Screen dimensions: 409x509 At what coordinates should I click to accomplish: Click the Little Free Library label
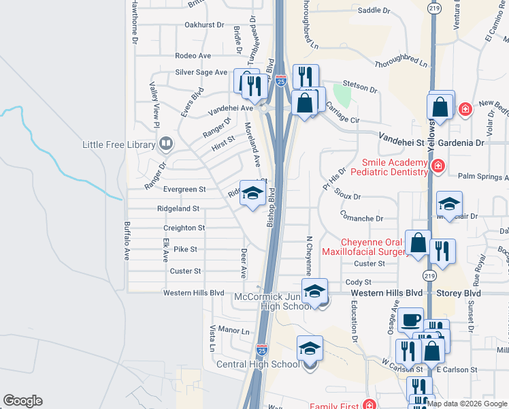pos(119,145)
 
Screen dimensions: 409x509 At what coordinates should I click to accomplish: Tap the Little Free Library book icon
pos(165,144)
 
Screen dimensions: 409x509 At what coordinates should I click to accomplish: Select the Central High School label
pos(258,364)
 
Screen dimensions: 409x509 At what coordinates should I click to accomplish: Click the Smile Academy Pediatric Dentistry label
pos(389,168)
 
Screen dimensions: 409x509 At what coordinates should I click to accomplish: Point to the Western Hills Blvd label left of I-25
pos(193,293)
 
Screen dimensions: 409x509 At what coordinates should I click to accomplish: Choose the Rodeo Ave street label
pos(193,56)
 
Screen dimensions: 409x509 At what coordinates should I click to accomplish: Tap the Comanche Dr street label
pos(362,219)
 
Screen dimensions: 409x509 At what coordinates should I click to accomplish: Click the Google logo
pos(22,401)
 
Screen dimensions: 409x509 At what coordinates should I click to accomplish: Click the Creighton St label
pos(184,228)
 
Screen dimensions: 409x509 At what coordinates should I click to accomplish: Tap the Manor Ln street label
pos(235,331)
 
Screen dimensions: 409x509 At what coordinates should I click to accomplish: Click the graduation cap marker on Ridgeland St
pos(252,194)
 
